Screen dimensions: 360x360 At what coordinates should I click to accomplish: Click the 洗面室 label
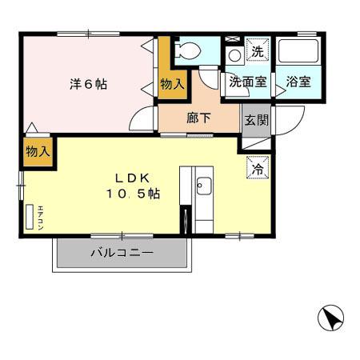click(246, 82)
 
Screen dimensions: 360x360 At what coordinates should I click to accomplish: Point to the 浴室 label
click(299, 82)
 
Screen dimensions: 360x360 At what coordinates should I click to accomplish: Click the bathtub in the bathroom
click(298, 53)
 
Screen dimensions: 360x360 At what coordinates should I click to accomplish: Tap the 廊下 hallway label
click(198, 118)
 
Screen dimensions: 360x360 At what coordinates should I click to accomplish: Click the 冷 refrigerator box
click(258, 169)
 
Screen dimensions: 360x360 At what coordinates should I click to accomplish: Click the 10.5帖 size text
click(132, 194)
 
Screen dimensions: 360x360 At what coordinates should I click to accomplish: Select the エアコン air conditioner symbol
click(31, 217)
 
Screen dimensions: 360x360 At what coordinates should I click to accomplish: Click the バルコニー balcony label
click(121, 252)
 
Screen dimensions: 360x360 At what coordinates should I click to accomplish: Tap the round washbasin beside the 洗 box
click(234, 55)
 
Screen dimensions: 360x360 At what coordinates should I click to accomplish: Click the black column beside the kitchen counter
click(185, 218)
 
